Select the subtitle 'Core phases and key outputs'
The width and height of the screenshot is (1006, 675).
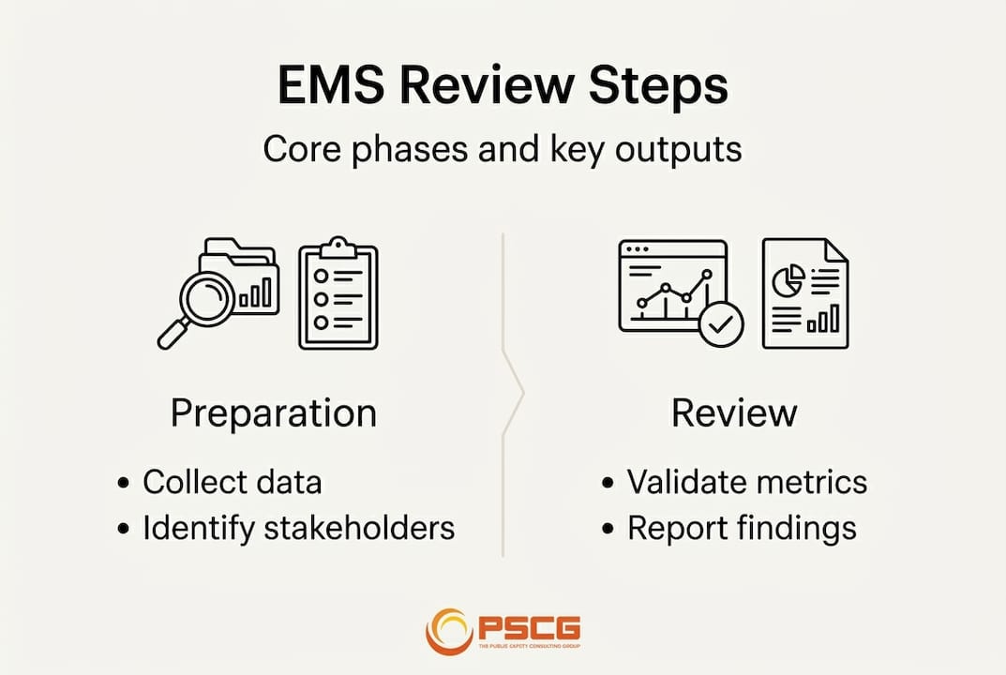(x=503, y=150)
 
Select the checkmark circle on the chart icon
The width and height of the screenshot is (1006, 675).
(x=721, y=324)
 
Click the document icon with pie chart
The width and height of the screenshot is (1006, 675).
(x=804, y=293)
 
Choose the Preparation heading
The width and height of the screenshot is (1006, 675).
(x=274, y=413)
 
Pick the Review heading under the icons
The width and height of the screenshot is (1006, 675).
(x=734, y=413)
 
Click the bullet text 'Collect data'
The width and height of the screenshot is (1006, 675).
(x=232, y=483)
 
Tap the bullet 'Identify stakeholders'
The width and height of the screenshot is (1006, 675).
(x=298, y=528)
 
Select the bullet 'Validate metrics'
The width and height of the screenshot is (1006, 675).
(x=746, y=483)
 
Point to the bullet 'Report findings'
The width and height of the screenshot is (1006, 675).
(x=741, y=528)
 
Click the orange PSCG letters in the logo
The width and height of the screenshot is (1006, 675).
(x=530, y=626)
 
